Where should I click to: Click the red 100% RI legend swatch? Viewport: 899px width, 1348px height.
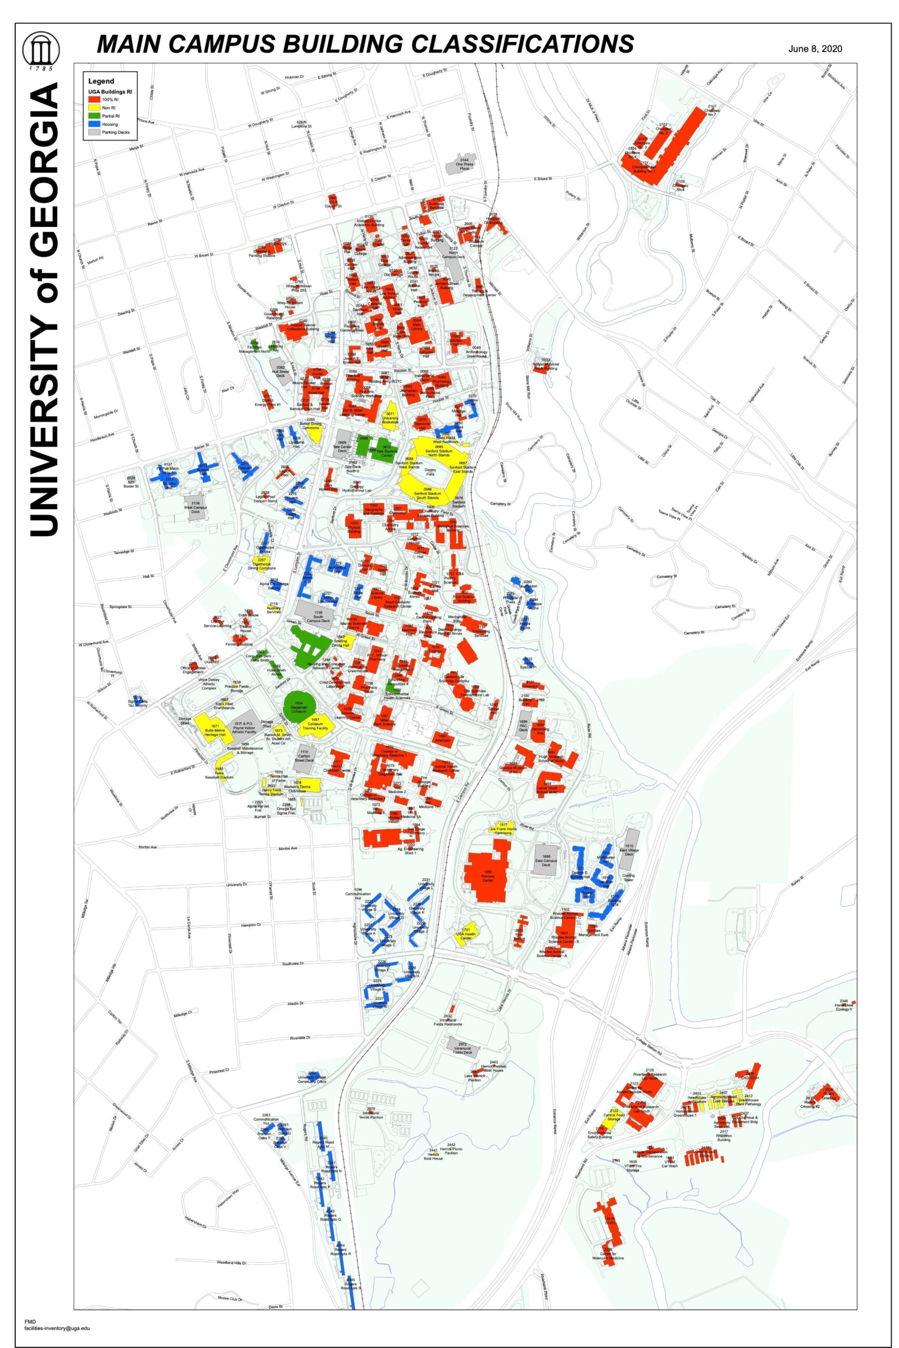(92, 99)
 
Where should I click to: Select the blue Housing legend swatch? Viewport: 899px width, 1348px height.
(92, 124)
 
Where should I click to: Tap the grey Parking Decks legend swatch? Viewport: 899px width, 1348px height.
(92, 132)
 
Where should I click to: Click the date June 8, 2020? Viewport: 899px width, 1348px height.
(815, 49)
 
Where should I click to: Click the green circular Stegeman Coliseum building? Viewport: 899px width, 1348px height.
(300, 708)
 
